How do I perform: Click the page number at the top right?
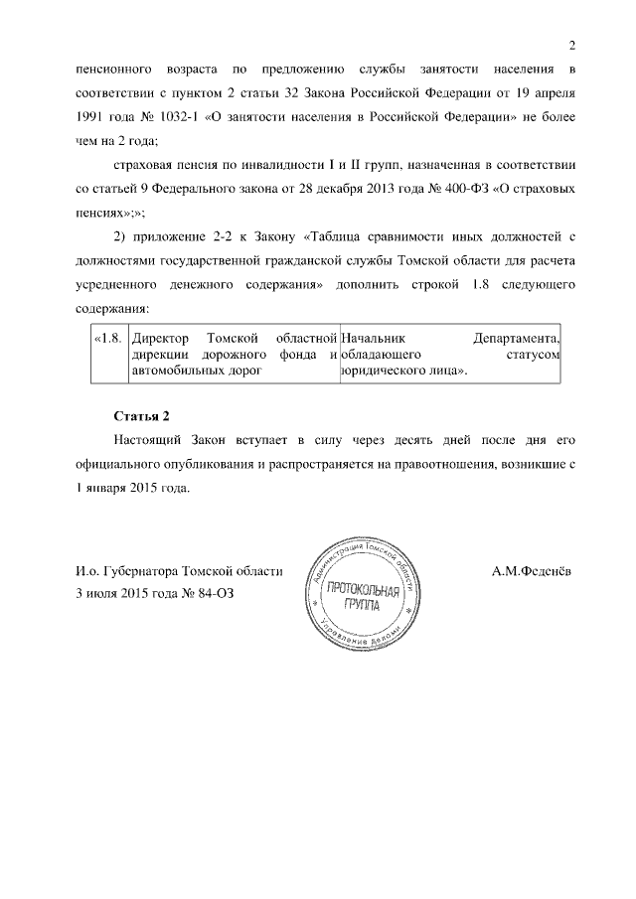(572, 45)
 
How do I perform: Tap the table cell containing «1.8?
(107, 339)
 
